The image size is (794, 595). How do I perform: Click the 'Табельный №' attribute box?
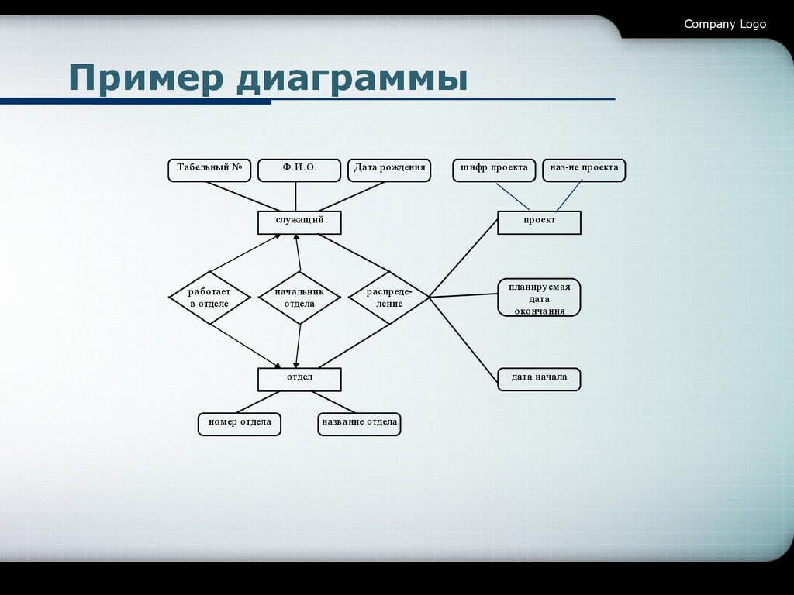(x=209, y=170)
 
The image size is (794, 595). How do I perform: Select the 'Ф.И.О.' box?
(x=299, y=170)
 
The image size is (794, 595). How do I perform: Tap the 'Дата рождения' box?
(x=389, y=170)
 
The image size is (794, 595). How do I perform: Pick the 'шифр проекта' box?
(x=494, y=170)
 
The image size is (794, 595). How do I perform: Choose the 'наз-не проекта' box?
(x=584, y=170)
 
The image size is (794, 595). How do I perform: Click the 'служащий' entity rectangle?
(x=299, y=222)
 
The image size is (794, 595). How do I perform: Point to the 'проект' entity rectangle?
(x=539, y=222)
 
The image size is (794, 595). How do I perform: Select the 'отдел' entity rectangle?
(x=299, y=379)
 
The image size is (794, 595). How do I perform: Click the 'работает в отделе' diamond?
(x=209, y=297)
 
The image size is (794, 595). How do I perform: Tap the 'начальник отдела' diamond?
(x=299, y=297)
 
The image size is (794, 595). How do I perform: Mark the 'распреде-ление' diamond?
(x=388, y=297)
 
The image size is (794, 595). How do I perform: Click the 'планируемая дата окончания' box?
(x=539, y=298)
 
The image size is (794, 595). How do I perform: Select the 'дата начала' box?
(x=539, y=379)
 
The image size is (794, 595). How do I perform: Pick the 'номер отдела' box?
(x=239, y=424)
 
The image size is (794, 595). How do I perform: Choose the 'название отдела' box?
(x=359, y=424)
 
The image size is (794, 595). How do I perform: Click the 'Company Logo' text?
(x=724, y=24)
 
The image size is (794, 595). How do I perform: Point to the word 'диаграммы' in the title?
(x=353, y=81)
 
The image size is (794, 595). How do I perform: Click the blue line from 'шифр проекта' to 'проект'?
(x=513, y=196)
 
